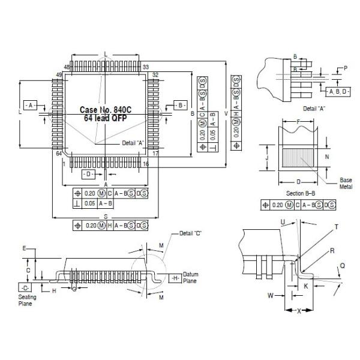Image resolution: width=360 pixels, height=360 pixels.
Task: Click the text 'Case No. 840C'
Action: [105, 110]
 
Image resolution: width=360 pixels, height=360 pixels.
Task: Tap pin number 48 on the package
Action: [67, 67]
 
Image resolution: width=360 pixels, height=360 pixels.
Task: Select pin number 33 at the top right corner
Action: [146, 67]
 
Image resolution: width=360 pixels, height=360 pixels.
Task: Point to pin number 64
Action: [59, 154]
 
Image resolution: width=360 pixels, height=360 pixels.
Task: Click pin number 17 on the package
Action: [155, 154]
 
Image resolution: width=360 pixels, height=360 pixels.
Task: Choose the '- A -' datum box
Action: [30, 104]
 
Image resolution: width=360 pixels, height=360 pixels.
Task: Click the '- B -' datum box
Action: [181, 104]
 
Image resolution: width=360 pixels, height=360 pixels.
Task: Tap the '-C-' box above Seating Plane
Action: [25, 287]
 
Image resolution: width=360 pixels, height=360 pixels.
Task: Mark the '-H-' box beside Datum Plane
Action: [175, 278]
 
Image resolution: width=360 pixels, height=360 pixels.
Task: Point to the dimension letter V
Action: [226, 113]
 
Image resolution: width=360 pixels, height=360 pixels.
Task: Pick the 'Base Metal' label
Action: [346, 183]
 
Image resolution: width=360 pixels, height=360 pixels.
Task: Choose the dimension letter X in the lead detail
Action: [298, 311]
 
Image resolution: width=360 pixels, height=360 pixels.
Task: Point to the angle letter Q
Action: [342, 264]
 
